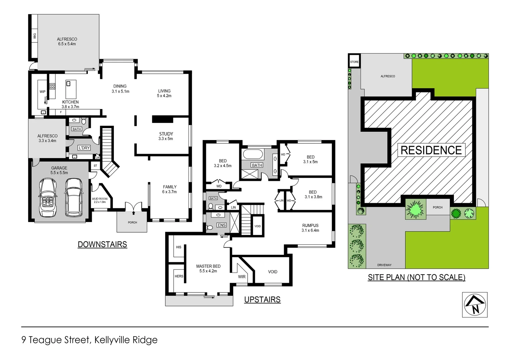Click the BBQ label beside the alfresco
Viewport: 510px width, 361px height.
coord(34,36)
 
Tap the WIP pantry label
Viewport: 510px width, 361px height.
coord(42,92)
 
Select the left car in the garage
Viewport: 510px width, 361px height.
coord(48,197)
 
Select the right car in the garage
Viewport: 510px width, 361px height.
coord(74,197)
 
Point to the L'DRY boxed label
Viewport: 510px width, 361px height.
coord(84,148)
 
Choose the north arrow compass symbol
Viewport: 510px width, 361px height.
coord(475,305)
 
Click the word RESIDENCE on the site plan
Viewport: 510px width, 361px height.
coord(431,150)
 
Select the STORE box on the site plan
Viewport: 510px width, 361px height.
coord(354,62)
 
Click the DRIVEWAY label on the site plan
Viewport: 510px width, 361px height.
coord(384,265)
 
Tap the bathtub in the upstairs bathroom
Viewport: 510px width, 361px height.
coord(253,154)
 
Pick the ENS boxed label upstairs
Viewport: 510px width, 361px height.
coord(222,225)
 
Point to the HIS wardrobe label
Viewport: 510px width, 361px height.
coord(179,247)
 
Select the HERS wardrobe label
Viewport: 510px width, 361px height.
coord(179,276)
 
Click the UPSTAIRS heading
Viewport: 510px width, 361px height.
coord(262,299)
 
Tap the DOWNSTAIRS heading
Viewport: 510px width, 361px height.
coord(102,244)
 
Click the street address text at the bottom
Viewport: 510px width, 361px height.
coord(89,340)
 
